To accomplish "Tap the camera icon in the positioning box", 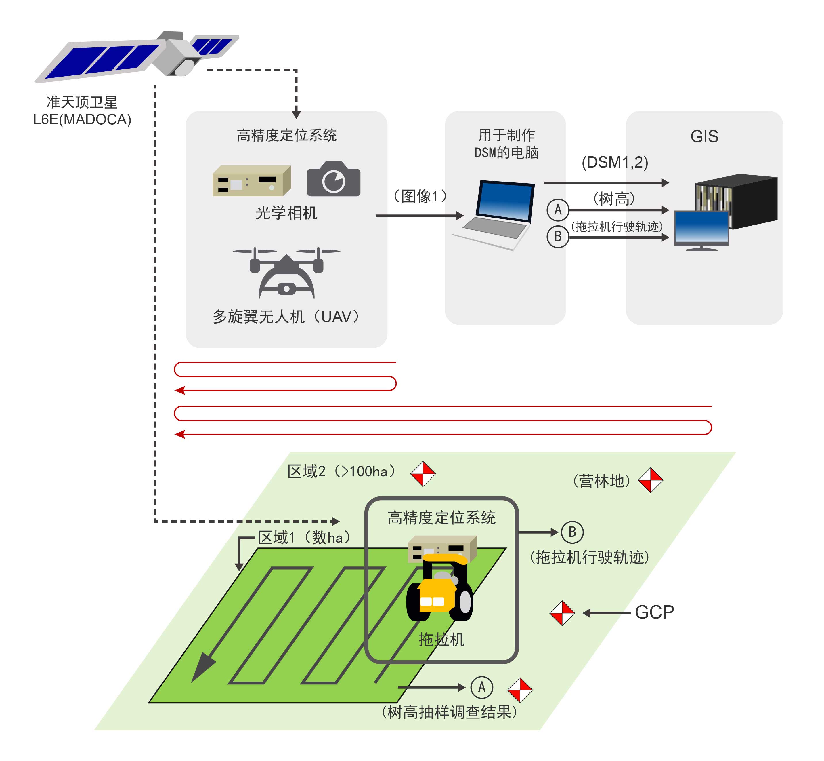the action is pos(334,179).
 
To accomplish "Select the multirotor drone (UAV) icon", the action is pos(286,272).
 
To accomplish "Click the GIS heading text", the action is pos(704,136).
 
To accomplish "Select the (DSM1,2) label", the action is pos(615,162).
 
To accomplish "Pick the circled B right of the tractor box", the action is pos(572,532).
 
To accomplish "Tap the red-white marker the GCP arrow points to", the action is pos(562,613).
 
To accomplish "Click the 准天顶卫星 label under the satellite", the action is pos(82,102).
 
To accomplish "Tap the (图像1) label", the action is pos(420,196).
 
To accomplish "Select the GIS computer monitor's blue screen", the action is pos(701,227).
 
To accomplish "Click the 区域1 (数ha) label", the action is pos(305,537).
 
